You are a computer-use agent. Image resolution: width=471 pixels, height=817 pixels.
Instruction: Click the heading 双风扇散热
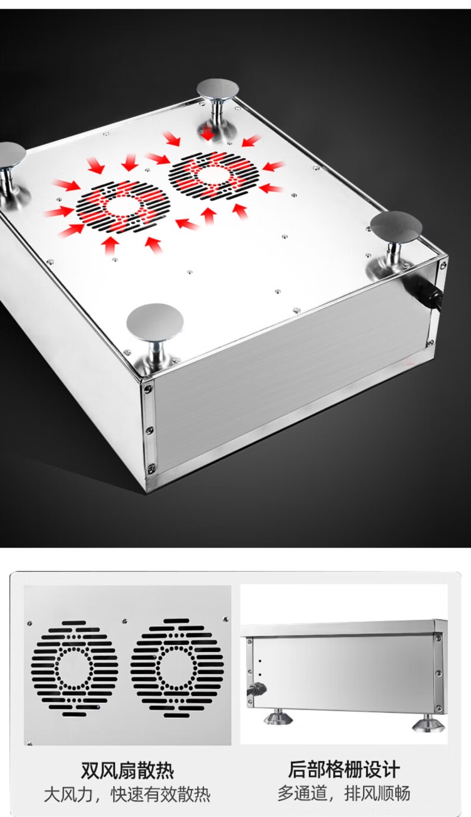coord(127,771)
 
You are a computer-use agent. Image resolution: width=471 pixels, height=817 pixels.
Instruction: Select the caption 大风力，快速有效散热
coord(127,795)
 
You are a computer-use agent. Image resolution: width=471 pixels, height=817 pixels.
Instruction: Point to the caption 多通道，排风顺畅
coord(344,793)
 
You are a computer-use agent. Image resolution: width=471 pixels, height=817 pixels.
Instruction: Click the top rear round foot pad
coord(218,89)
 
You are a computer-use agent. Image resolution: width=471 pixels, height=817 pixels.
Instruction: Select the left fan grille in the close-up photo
coord(75,668)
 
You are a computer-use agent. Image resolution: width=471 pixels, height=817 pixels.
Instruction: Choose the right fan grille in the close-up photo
coord(176,666)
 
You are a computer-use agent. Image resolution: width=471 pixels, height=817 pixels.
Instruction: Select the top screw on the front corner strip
coord(148,388)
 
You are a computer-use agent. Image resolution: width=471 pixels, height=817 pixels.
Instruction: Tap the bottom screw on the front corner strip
coord(150,467)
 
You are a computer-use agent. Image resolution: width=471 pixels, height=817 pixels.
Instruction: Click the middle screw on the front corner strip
coord(149,430)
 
